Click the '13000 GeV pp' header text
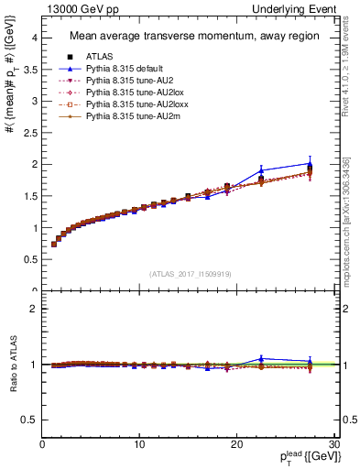point(72,8)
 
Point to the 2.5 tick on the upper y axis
point(30,133)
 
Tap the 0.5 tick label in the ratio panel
point(29,420)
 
